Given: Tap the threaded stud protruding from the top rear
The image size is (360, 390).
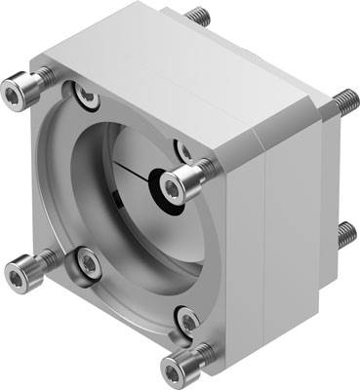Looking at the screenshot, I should [199, 16].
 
